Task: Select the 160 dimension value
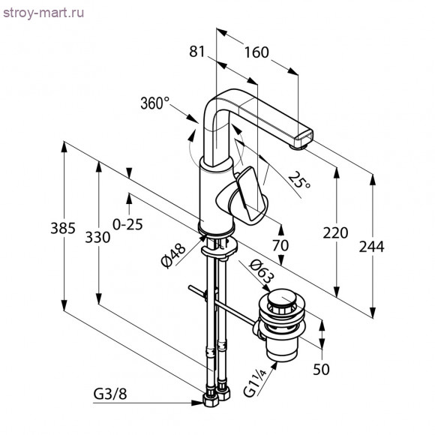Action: click(256, 52)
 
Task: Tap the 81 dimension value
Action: click(197, 52)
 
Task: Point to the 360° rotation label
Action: click(155, 104)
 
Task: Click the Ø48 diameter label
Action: click(172, 255)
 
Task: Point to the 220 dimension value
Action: click(335, 232)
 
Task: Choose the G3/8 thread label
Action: click(110, 394)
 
